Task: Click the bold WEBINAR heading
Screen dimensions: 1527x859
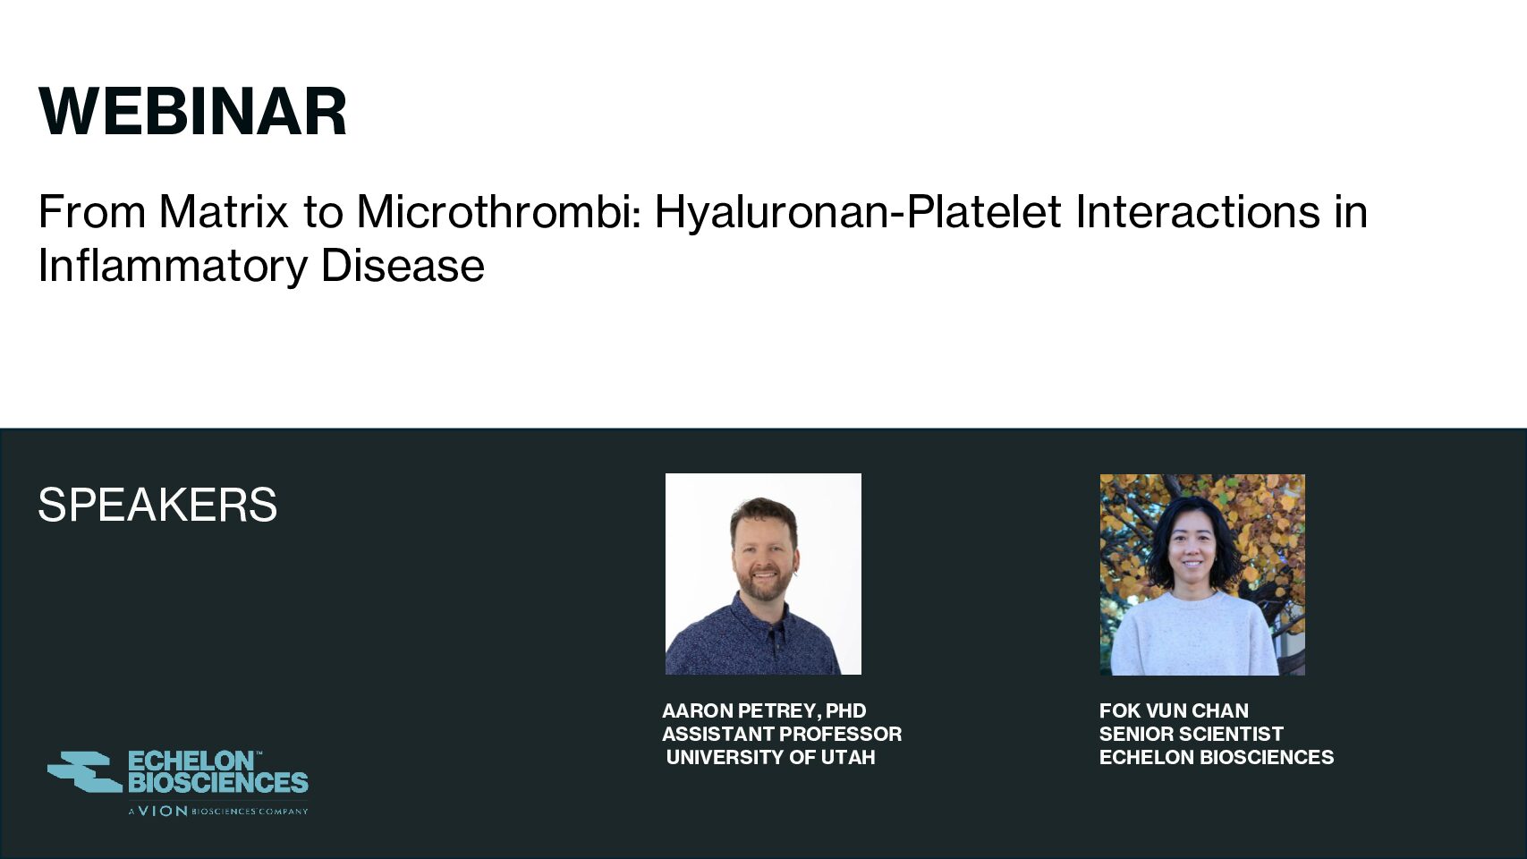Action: [x=193, y=112]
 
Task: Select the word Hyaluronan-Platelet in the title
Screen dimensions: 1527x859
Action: [x=858, y=213]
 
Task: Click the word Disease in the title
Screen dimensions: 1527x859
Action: [x=403, y=265]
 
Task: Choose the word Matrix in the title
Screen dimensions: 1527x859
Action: [x=224, y=211]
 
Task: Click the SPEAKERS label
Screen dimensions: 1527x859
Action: [x=157, y=506]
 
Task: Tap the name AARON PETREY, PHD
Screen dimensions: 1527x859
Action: [x=764, y=710]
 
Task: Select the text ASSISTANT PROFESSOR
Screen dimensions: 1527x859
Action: [x=782, y=734]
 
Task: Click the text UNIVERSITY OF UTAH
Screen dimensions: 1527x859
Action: [x=770, y=757]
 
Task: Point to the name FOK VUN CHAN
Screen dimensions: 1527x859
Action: [x=1174, y=710]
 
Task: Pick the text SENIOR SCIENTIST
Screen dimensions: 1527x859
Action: [x=1192, y=734]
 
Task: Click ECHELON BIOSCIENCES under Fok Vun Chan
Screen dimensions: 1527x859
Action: [x=1217, y=757]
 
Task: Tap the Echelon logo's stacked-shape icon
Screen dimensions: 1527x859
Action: [x=84, y=771]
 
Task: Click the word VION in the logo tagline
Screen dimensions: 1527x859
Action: [x=163, y=811]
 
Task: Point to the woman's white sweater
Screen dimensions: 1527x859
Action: [x=1194, y=634]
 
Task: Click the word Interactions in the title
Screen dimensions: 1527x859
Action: [x=1198, y=211]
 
